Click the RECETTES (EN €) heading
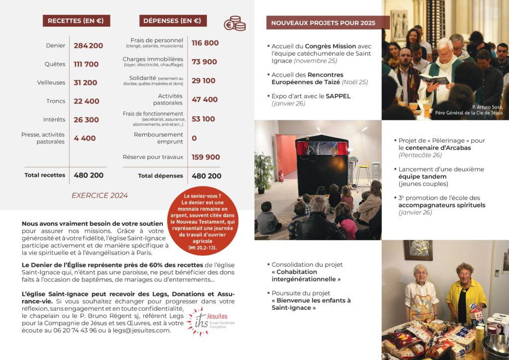pos(76,21)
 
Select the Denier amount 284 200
pos(88,46)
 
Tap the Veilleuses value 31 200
pos(85,83)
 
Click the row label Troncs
pos(56,101)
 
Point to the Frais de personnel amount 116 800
pos(205,43)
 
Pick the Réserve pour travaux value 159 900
pos(206,157)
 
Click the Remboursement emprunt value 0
pos(194,138)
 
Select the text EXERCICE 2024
pos(99,195)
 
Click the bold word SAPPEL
pos(338,96)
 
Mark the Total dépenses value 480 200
pos(206,176)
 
